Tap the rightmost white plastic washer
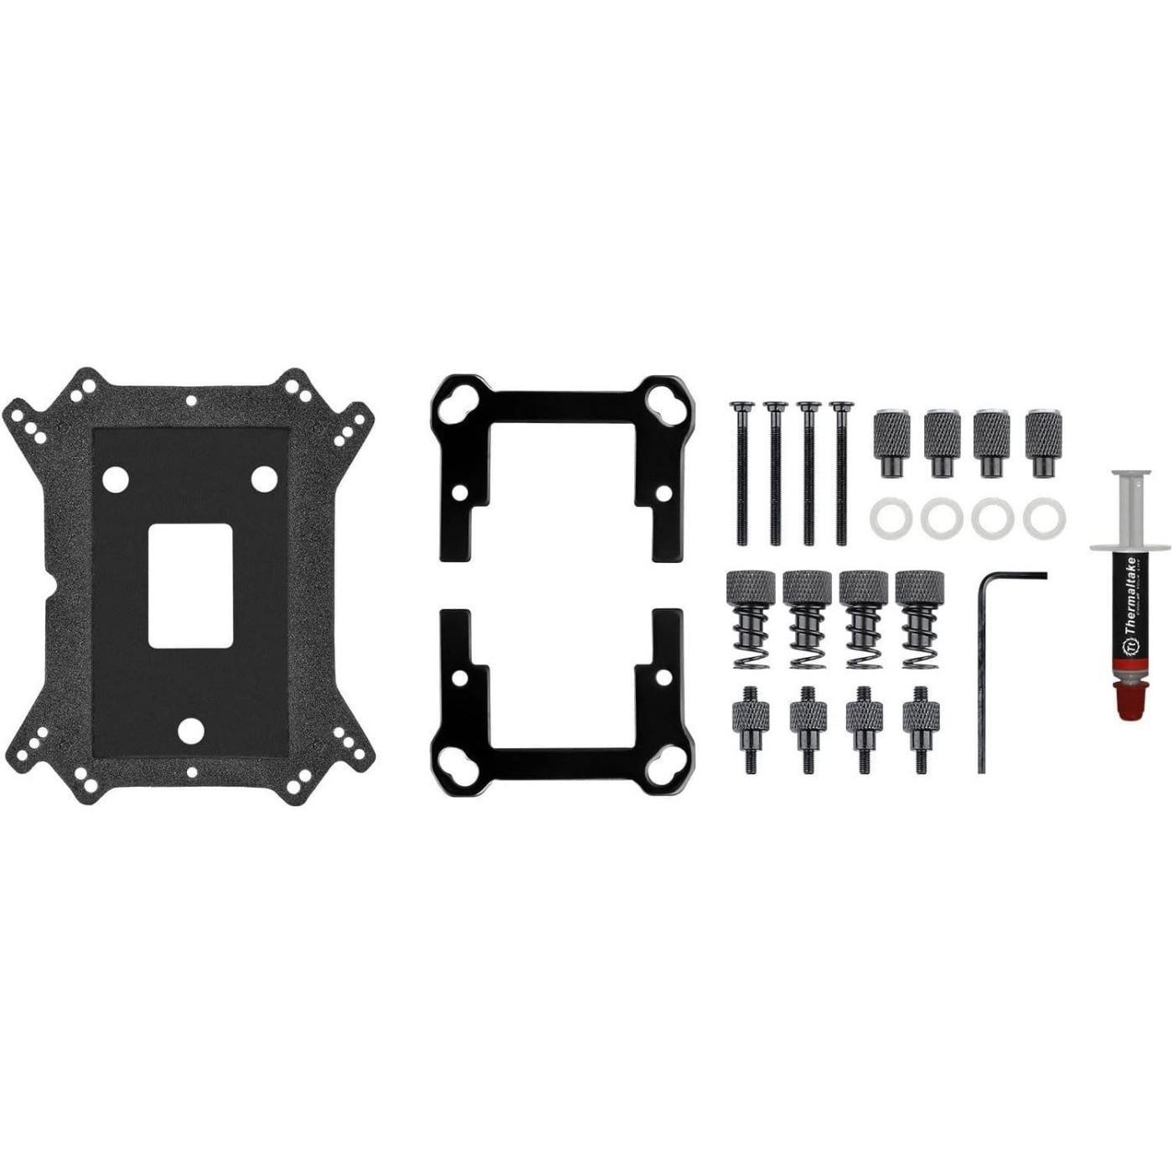pyautogui.click(x=1039, y=518)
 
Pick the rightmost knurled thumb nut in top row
pyautogui.click(x=1042, y=442)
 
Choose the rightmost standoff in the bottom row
pyautogui.click(x=920, y=728)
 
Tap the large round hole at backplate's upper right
pyautogui.click(x=265, y=478)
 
